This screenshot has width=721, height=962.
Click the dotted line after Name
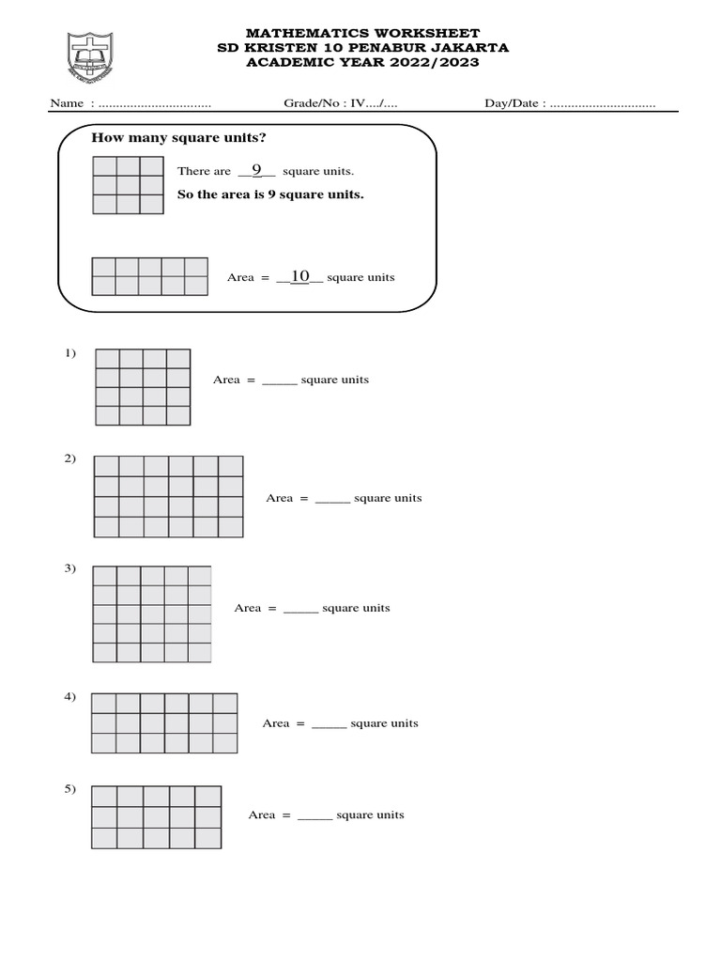click(155, 103)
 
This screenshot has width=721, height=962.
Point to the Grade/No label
click(315, 103)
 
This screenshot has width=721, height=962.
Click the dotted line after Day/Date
click(602, 103)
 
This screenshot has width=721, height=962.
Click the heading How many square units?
click(178, 138)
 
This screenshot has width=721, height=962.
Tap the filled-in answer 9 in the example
click(256, 170)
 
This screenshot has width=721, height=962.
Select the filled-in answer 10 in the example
click(300, 276)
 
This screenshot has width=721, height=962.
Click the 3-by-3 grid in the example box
click(128, 184)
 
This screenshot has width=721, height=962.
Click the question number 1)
click(70, 353)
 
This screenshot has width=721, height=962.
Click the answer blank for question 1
click(280, 380)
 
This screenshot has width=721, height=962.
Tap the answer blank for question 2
click(332, 499)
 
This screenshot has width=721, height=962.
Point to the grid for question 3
click(152, 614)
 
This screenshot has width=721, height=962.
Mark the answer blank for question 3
click(301, 609)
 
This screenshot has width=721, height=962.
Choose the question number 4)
click(70, 697)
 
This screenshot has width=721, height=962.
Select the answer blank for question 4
click(330, 724)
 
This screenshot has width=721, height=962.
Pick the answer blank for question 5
click(315, 815)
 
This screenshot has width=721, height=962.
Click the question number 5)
click(70, 789)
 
